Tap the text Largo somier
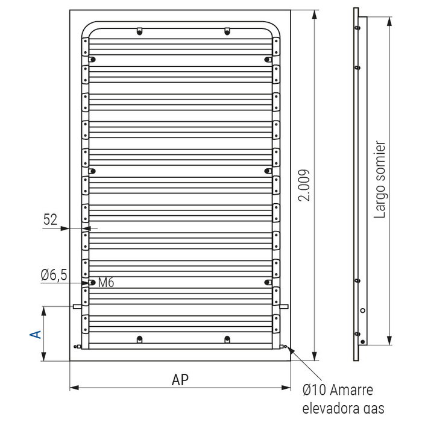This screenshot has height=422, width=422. [380, 180]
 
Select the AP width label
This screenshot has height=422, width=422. [180, 379]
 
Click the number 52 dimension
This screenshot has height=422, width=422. [51, 220]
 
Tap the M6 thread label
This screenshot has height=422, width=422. [106, 282]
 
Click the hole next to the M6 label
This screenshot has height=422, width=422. [92, 282]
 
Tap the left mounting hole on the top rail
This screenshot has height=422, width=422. [139, 32]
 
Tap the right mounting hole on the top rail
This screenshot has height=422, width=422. [227, 32]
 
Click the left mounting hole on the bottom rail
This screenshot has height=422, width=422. [139, 339]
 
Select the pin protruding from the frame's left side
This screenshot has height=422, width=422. [77, 306]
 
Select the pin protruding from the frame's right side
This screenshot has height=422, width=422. [284, 306]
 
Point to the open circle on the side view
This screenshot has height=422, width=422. [362, 310]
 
